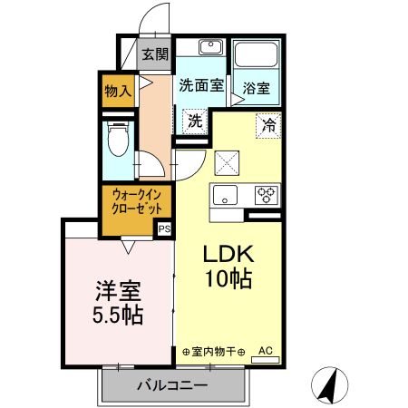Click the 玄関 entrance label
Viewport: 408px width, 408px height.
pyautogui.click(x=155, y=53)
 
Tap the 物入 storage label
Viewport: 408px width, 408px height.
pyautogui.click(x=118, y=91)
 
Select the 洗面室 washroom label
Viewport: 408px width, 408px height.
pyautogui.click(x=200, y=87)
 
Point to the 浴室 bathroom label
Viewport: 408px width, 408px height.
pyautogui.click(x=255, y=88)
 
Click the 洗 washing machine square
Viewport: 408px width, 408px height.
pyautogui.click(x=194, y=119)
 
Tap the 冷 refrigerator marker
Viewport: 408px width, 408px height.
pyautogui.click(x=268, y=123)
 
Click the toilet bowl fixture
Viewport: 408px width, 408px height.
pyautogui.click(x=116, y=141)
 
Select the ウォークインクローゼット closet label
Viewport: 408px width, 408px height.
pyautogui.click(x=138, y=200)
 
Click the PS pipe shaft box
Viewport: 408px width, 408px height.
pyautogui.click(x=164, y=229)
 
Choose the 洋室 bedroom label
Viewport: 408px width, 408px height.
pyautogui.click(x=120, y=293)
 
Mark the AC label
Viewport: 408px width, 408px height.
pyautogui.click(x=266, y=349)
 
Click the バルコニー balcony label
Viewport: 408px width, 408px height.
pyautogui.click(x=172, y=385)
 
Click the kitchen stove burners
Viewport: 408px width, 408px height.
pyautogui.click(x=267, y=193)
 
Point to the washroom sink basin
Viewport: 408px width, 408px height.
pyautogui.click(x=212, y=47)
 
